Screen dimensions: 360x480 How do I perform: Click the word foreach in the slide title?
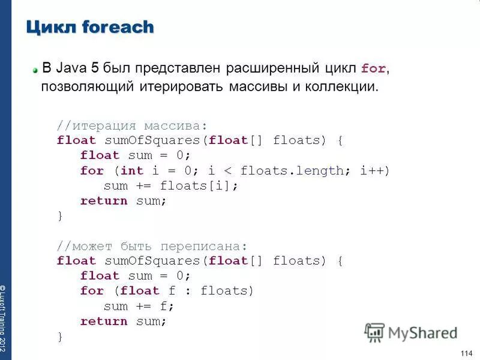point(118,27)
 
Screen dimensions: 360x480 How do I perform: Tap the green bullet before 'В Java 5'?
point(35,70)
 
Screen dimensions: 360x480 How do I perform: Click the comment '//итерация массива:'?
point(132,125)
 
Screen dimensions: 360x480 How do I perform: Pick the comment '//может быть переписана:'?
point(152,246)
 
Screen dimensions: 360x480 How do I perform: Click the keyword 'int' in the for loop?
point(132,170)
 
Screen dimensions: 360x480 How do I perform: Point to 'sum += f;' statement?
point(139,306)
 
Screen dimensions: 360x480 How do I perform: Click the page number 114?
point(466,352)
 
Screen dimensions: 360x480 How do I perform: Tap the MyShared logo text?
point(422,333)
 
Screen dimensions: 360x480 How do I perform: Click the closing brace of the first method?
point(59,216)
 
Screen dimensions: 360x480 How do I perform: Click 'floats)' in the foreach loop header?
point(227,291)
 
